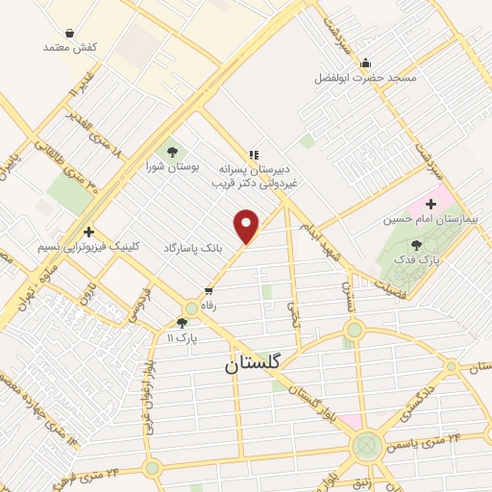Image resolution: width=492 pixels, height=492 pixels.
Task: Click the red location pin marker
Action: click(x=248, y=227)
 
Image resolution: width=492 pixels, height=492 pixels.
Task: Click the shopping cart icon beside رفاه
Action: click(x=208, y=290)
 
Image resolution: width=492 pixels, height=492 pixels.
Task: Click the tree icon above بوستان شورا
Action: click(x=172, y=151)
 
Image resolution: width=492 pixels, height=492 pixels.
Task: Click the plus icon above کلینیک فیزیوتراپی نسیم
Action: click(x=88, y=232)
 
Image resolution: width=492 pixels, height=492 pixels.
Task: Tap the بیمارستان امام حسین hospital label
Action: click(x=430, y=219)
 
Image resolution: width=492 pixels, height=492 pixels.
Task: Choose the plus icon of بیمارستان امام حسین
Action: click(x=430, y=204)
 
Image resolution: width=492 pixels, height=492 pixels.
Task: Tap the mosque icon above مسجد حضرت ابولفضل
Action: click(x=365, y=64)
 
